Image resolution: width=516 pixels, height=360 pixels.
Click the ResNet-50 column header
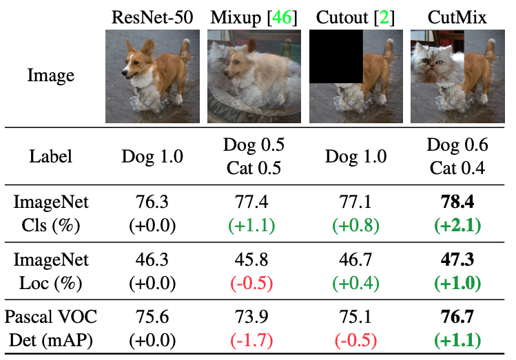(x=152, y=17)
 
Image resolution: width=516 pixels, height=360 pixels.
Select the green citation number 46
(x=282, y=17)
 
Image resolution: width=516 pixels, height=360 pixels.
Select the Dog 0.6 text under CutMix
(x=457, y=145)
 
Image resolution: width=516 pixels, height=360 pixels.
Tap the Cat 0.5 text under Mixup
(x=254, y=168)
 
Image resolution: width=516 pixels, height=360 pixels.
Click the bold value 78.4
(x=457, y=204)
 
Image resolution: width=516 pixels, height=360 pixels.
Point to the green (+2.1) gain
(x=457, y=226)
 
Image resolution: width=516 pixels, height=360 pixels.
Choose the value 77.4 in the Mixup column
(x=254, y=204)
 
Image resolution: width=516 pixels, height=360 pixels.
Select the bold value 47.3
(x=457, y=261)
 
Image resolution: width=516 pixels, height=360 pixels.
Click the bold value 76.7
(x=457, y=317)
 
